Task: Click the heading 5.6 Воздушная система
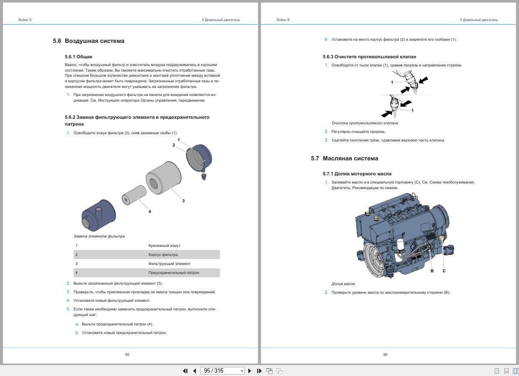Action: pos(89,41)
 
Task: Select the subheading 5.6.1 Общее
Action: pos(78,57)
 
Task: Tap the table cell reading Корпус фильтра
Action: pos(163,255)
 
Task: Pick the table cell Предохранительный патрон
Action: pos(174,273)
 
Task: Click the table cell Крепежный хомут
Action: pos(164,246)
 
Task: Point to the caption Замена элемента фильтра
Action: pos(99,236)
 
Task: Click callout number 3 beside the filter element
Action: pos(184,201)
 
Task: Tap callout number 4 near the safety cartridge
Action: pos(149,211)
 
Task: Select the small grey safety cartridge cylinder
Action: pos(133,195)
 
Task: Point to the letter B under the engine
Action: pos(432,271)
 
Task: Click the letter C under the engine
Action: pos(444,271)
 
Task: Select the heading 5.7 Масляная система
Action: pos(344,159)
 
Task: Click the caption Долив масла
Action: pos(343,284)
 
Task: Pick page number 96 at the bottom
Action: pos(385,355)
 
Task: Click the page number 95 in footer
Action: pos(127,355)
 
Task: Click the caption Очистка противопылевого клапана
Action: pos(365,123)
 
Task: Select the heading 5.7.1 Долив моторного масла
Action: pos(357,174)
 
